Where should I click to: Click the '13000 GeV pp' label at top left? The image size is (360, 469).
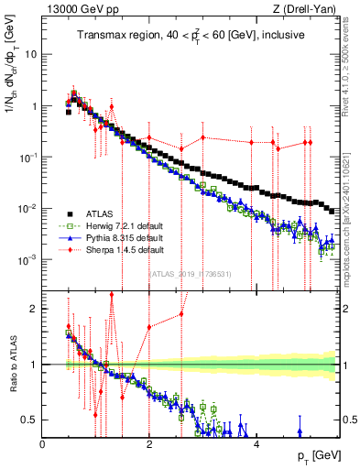pyautogui.click(x=74, y=9)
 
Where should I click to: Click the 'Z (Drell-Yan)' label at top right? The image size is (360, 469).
pyautogui.click(x=306, y=9)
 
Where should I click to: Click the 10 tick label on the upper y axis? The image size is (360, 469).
pyautogui.click(x=31, y=54)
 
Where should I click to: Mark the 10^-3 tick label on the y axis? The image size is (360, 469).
pyautogui.click(x=29, y=260)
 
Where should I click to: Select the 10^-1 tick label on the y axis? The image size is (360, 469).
pyautogui.click(x=29, y=158)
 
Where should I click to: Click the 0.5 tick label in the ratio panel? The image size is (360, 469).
pyautogui.click(x=29, y=420)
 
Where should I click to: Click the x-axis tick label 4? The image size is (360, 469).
pyautogui.click(x=256, y=443)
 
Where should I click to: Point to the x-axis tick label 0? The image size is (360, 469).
pyautogui.click(x=43, y=443)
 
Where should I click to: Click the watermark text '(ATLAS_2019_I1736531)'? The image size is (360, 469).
pyautogui.click(x=191, y=273)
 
